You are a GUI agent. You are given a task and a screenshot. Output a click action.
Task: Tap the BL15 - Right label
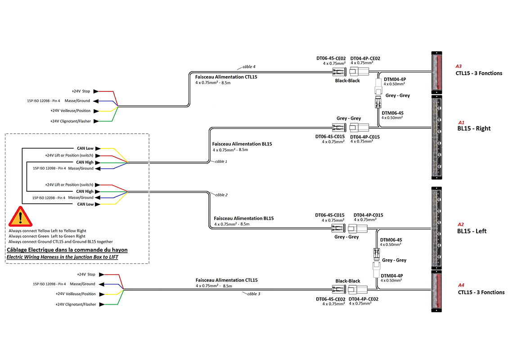pyautogui.click(x=473, y=128)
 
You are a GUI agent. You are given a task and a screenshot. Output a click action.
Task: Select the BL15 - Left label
pyautogui.click(x=472, y=231)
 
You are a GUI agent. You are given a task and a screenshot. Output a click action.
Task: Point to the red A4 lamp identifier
pyautogui.click(x=461, y=285)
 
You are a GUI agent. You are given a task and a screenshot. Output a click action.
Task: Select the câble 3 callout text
pyautogui.click(x=251, y=294)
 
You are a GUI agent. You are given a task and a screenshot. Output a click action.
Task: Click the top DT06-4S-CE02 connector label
pyautogui.click(x=331, y=58)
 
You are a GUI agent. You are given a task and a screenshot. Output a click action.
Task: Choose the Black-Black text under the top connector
pyautogui.click(x=347, y=81)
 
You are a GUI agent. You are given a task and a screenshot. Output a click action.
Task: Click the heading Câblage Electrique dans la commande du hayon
pyautogui.click(x=67, y=250)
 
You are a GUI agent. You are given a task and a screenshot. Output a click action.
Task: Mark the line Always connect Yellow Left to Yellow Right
pyautogui.click(x=47, y=231)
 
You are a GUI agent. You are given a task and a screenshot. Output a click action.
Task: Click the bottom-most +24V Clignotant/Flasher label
pyautogui.click(x=76, y=304)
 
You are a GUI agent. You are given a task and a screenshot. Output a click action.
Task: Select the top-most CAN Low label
pyautogui.click(x=85, y=148)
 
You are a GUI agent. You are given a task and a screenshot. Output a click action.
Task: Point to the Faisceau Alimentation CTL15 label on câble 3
pyautogui.click(x=226, y=280)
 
